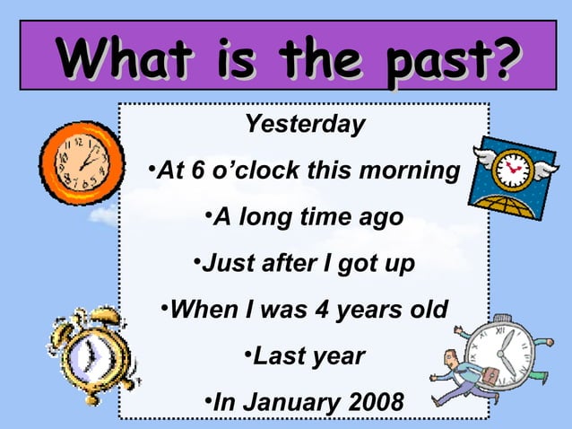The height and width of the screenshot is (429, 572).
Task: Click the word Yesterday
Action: point(305,125)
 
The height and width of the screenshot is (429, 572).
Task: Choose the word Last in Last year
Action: point(278,356)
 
